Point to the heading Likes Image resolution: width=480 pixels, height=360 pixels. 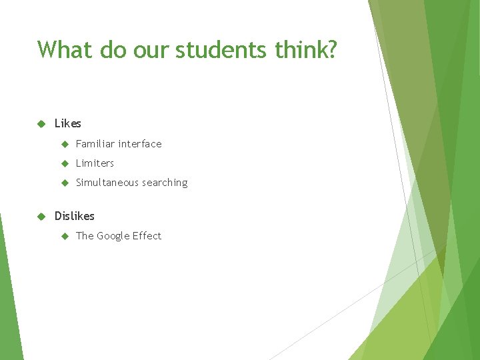coord(68,123)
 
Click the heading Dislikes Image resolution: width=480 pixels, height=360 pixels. coord(75,216)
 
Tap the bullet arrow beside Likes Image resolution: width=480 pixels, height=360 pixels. coord(41,123)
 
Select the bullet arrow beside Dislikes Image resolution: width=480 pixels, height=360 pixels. coord(41,216)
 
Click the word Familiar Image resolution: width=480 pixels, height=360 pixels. coord(95,143)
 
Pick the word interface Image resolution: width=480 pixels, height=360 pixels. coord(140,143)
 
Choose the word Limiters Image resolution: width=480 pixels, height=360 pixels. coord(95,163)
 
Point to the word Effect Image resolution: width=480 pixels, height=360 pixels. coord(147,236)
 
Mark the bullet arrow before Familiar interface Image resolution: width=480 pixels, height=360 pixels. coord(65,143)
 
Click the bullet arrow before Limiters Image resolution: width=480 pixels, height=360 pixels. coord(65,163)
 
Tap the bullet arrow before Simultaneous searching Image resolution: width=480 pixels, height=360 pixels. coord(65,183)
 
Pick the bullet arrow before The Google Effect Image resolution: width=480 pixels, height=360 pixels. coord(65,236)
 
